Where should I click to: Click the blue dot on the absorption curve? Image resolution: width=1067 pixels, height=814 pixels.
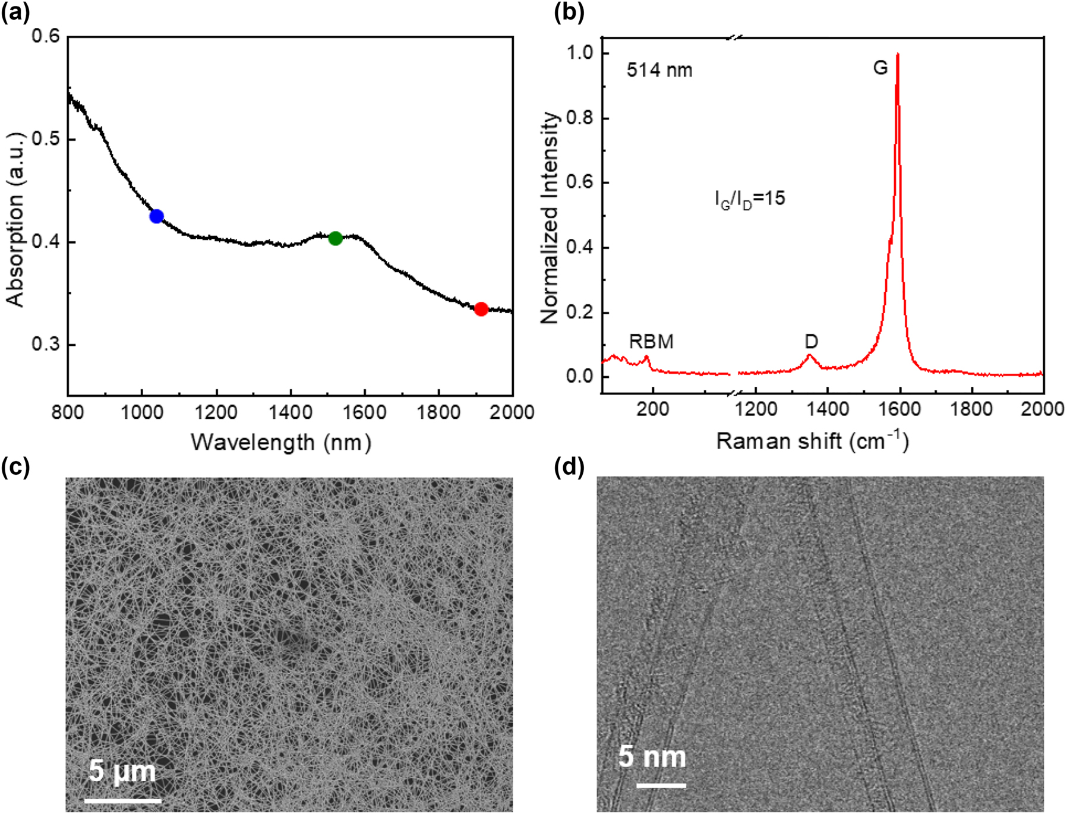(156, 216)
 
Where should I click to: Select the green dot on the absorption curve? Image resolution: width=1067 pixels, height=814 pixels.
(335, 238)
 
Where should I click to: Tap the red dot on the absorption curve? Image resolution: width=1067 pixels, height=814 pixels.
(481, 309)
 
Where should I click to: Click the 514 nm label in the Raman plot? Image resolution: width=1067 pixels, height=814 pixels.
(659, 70)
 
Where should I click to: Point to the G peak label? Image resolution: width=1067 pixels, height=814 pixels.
(880, 68)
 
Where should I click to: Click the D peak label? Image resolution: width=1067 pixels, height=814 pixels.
(811, 342)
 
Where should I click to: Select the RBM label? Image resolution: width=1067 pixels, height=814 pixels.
(651, 342)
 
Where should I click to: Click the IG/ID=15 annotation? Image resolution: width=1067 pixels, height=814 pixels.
(750, 198)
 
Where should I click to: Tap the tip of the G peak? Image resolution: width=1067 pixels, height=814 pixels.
(897, 55)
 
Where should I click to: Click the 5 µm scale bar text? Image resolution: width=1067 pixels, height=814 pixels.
(122, 771)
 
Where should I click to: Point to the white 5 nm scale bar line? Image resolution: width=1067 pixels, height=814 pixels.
(661, 785)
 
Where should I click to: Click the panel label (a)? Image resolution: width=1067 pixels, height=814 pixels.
(15, 12)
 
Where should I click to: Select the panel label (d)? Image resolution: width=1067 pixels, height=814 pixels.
(569, 467)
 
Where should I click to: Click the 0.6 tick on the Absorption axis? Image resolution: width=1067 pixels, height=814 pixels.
(46, 36)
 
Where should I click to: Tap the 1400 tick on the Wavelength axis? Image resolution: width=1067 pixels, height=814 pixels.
(290, 412)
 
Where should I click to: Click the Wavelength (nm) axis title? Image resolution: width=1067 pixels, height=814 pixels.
(281, 442)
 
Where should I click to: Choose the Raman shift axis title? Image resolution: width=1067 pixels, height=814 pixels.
(813, 441)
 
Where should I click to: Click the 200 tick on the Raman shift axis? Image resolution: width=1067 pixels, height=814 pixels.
(652, 409)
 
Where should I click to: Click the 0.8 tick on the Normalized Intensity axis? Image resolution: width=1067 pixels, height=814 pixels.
(580, 118)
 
